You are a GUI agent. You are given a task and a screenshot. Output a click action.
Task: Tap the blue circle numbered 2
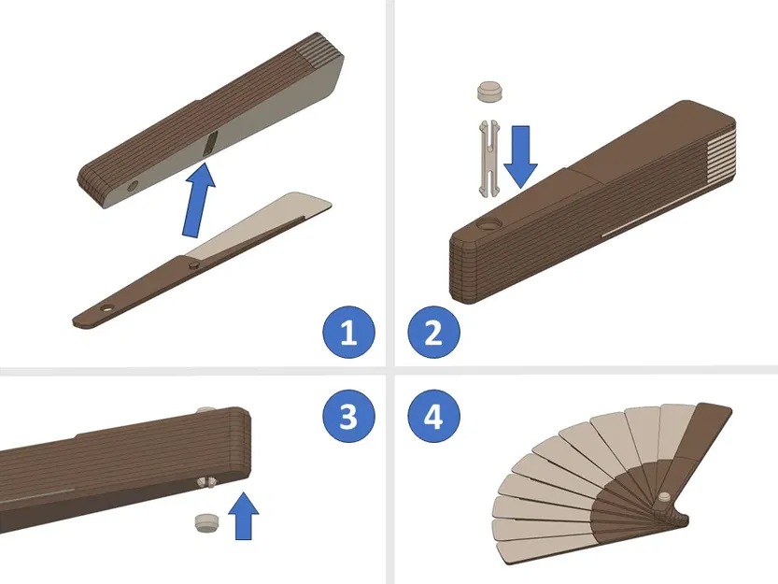pos(433,333)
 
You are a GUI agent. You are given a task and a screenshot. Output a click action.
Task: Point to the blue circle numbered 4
pos(433,416)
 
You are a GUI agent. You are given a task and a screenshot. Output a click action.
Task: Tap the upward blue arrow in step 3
pos(244,516)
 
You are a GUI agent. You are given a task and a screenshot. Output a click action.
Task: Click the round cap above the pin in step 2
pos(489,91)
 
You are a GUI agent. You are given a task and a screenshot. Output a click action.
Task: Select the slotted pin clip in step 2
pos(489,158)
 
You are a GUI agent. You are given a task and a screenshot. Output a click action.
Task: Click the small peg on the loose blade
pos(193,266)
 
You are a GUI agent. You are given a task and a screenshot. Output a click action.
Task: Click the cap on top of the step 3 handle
pos(208,411)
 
